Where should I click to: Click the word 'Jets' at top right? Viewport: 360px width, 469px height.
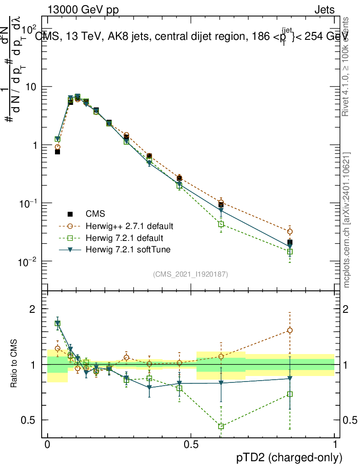[x=324, y=10]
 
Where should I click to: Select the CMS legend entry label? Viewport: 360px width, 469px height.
[x=95, y=214]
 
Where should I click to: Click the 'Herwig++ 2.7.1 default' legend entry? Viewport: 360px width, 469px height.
[x=129, y=226]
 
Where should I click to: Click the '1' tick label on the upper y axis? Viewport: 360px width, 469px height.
[x=33, y=145]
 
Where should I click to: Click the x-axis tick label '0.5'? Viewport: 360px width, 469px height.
[x=191, y=445]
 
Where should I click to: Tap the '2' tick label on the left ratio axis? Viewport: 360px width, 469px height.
[x=33, y=309]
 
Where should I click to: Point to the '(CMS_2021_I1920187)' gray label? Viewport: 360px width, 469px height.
[x=191, y=274]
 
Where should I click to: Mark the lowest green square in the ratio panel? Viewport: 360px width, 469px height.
[x=221, y=426]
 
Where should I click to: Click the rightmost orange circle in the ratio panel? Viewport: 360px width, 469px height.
[x=289, y=330]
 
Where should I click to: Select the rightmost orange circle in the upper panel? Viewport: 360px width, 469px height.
[x=289, y=232]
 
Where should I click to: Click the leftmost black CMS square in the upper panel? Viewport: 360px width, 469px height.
[x=57, y=152]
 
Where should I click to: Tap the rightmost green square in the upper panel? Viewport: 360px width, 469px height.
[x=289, y=251]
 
